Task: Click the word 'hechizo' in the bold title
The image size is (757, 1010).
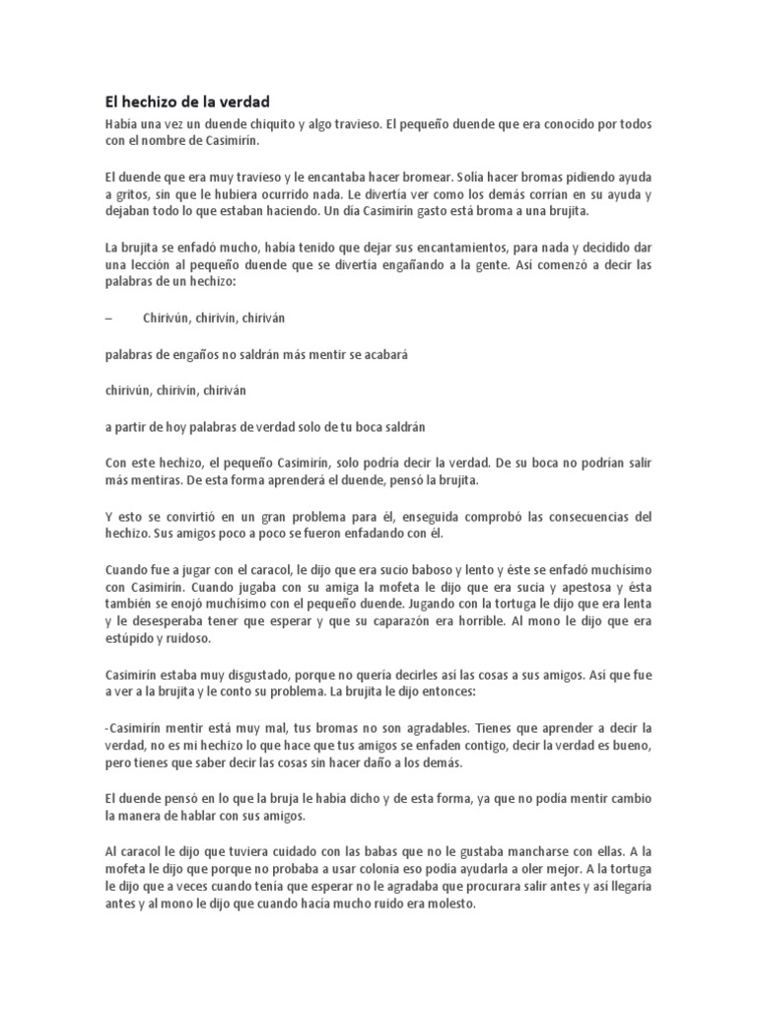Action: tap(151, 102)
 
